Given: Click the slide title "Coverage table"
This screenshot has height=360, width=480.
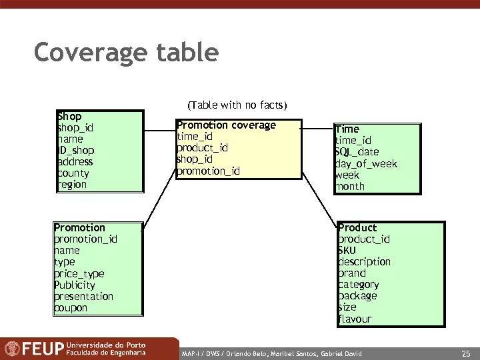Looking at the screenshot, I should point(126,52).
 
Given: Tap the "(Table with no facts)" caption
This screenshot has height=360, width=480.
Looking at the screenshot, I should point(237,105).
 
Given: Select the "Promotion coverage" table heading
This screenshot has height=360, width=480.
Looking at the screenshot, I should point(226,125).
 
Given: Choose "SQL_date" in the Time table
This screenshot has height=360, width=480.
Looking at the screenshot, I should point(357,152).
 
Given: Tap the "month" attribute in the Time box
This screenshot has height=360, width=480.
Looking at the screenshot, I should point(350,187).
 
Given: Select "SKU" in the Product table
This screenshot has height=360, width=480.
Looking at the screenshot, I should point(347,251).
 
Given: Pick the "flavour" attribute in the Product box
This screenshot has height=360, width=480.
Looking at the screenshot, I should point(355,319).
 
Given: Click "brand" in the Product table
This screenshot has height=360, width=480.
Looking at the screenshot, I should point(352,273).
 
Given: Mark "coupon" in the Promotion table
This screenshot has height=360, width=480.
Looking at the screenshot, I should point(71,308).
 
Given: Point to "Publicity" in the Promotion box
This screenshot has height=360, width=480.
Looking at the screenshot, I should point(75,285).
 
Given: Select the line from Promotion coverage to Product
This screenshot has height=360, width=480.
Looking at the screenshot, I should point(321,201).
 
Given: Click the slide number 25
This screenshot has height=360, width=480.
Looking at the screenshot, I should point(465,351).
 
